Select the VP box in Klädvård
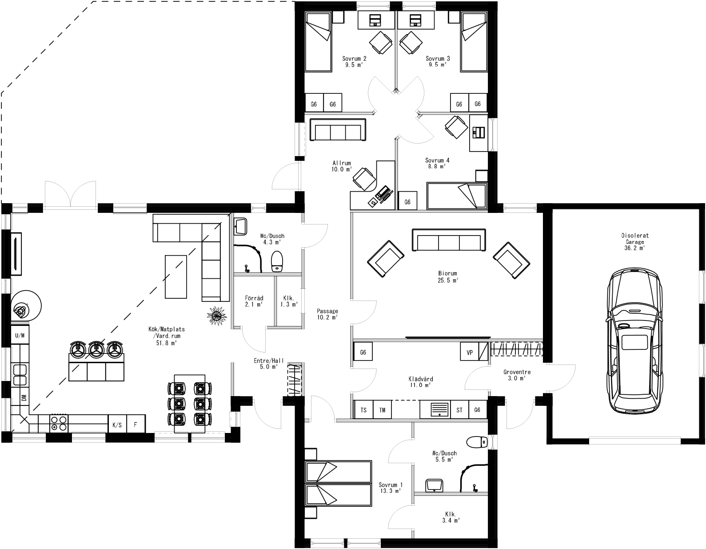point(470,353)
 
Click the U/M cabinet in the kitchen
point(20,336)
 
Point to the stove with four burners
point(59,423)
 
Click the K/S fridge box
point(117,425)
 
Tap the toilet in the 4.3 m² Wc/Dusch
point(277,261)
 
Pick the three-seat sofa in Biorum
point(449,240)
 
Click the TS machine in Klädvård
point(363,410)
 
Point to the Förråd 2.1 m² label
point(254,301)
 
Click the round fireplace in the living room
point(25,306)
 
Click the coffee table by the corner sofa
point(176,276)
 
